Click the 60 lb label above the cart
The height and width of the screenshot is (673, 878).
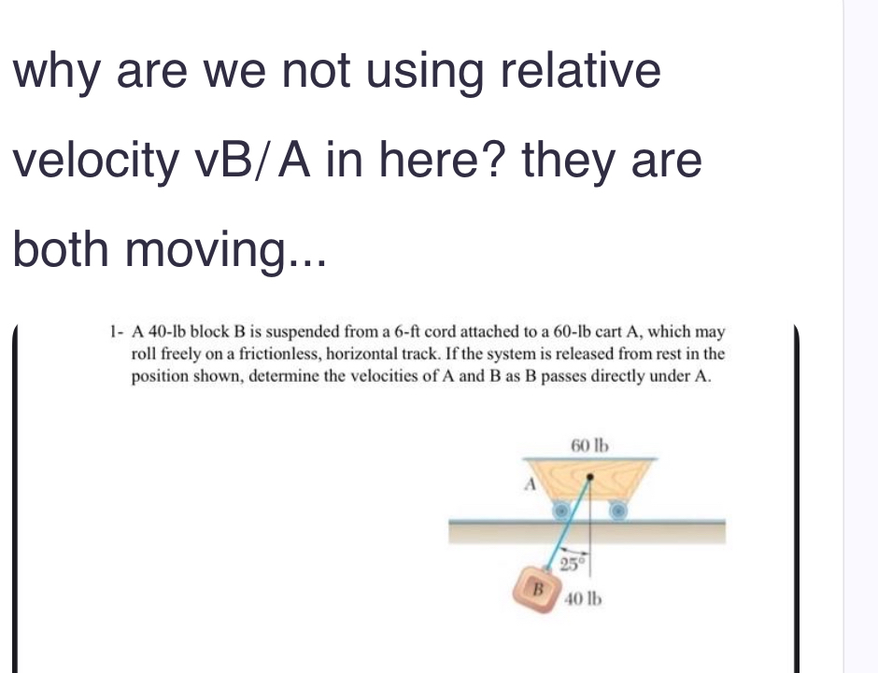tap(589, 445)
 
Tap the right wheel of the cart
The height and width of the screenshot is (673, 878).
tap(617, 510)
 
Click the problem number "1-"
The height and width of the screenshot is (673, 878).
tap(116, 332)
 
